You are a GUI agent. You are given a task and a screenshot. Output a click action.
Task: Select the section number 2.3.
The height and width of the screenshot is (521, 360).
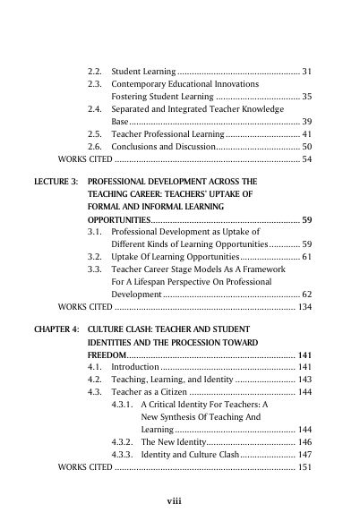[x=96, y=82]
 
